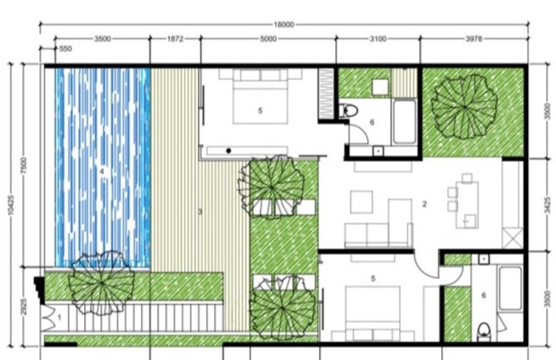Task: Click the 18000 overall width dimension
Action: coord(284,25)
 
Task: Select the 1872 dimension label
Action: coord(175,39)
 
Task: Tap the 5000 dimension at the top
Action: coord(268,39)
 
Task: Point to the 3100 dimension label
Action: coord(378,39)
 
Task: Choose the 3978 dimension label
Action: coord(474,39)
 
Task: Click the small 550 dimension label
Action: coord(65,49)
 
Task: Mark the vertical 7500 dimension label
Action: coord(24,165)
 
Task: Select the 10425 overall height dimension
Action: coord(10,204)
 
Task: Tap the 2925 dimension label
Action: coord(24,306)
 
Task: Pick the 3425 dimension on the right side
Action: coord(548,205)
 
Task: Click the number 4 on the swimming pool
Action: coord(102,172)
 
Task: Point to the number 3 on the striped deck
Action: coord(200,212)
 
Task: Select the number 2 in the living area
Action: coord(425,204)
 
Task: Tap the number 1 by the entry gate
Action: coord(59,317)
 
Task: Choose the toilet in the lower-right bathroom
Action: coord(484,332)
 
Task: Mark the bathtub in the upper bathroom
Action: coord(404,122)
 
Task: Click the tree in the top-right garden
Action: coord(464,106)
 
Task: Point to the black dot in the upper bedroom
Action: coord(229,151)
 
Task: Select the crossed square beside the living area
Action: coord(513,238)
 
